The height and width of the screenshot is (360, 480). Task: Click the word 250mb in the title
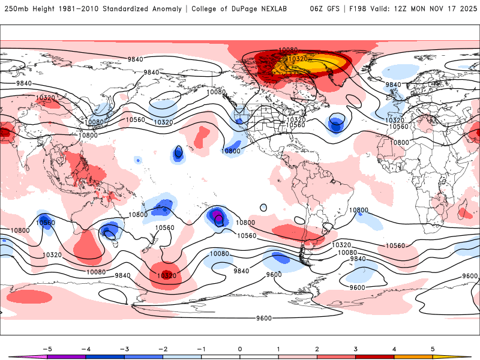[15, 9]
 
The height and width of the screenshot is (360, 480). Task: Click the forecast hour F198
[361, 9]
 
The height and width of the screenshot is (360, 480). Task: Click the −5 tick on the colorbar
[46, 349]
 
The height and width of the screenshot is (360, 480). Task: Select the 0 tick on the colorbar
[239, 349]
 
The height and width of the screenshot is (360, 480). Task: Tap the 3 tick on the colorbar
[355, 349]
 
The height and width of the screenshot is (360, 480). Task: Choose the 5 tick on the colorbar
[432, 349]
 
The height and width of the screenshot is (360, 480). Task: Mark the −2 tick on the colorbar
[162, 349]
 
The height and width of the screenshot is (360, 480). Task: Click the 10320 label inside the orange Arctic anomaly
[298, 59]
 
